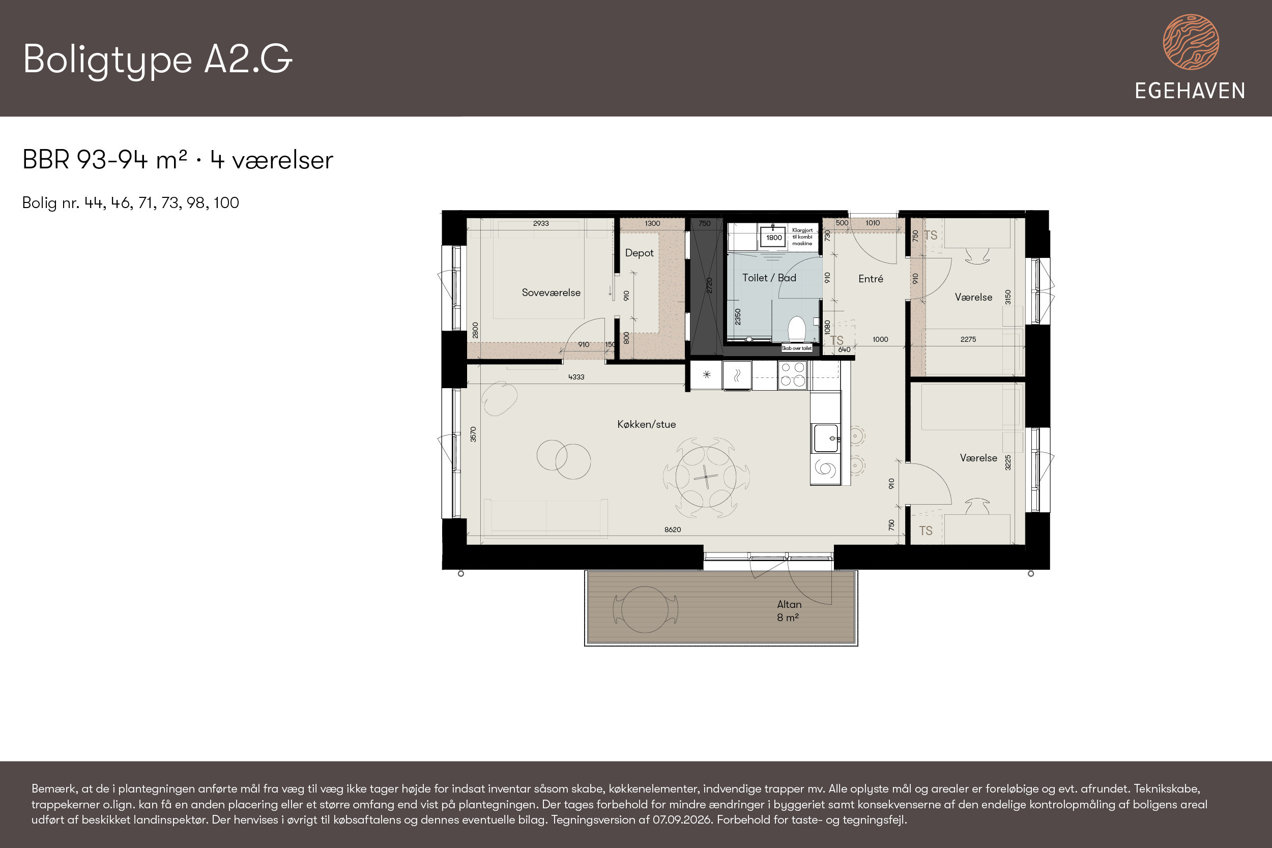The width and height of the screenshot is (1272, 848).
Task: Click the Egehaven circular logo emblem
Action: (x=1191, y=42)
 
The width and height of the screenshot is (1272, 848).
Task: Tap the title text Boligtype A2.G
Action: (x=158, y=60)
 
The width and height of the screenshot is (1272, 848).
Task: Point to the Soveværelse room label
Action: (x=551, y=293)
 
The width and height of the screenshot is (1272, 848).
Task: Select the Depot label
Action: (x=639, y=253)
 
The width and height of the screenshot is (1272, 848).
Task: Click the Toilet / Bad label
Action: (x=769, y=278)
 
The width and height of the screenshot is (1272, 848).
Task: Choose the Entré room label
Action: (x=871, y=279)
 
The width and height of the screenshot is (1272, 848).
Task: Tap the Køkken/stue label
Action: (x=646, y=425)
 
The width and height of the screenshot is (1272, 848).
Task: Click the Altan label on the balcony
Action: (x=789, y=605)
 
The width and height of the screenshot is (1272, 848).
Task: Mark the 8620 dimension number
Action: (x=673, y=530)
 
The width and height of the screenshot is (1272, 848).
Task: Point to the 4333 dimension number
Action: (x=576, y=377)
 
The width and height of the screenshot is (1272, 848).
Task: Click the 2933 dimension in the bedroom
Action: (x=541, y=223)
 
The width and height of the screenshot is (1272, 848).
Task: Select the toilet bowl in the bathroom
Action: (x=796, y=329)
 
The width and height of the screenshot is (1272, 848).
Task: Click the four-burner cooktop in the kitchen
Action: (x=793, y=375)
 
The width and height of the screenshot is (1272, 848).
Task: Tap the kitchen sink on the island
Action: (x=826, y=438)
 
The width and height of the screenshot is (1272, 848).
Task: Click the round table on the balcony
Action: (x=645, y=609)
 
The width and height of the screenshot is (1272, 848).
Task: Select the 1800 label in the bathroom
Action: (x=774, y=238)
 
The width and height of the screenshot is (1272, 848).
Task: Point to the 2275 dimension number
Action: (x=968, y=340)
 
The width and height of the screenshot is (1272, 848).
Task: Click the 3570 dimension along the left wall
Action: (x=473, y=434)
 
